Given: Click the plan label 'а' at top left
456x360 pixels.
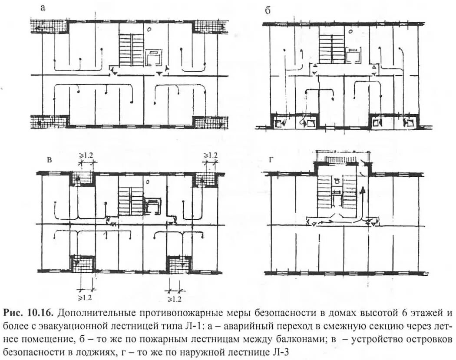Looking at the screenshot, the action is pos(42,7).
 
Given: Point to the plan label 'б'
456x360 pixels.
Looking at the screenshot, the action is pos(268,11).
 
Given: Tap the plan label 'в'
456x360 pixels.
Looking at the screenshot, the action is pos(50,161).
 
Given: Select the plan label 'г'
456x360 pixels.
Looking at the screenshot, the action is pos(271,161).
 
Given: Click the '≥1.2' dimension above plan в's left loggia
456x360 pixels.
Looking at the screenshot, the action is pos(86,155).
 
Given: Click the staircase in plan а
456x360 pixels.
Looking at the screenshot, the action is pos(131,50).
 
